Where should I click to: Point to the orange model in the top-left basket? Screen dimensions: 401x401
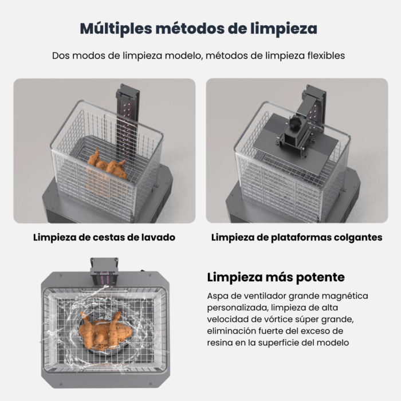[x=108, y=167]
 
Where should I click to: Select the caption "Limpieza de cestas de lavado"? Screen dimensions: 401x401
[x=104, y=237]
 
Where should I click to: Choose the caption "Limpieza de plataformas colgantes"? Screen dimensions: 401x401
[x=297, y=237]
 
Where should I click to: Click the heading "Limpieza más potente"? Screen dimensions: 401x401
[x=276, y=277]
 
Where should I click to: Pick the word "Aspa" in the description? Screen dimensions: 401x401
[x=217, y=296]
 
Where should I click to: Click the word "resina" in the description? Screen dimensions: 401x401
[x=220, y=342]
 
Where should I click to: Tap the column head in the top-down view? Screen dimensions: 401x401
[x=104, y=271]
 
